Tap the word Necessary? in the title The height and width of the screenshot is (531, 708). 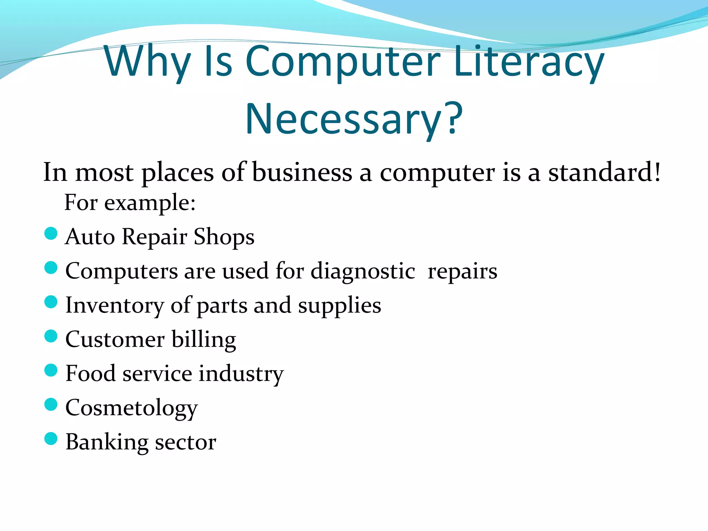point(354,119)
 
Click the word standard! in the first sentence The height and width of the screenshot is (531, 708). point(604,172)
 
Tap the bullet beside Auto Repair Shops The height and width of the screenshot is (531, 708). point(51,233)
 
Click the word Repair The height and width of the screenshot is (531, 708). point(154,237)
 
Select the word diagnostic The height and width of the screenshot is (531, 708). point(363,271)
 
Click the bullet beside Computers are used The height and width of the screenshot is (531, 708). point(51,268)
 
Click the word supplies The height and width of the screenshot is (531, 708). point(339,306)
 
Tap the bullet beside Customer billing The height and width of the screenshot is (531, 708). point(51,336)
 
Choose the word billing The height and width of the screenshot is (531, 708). point(204,339)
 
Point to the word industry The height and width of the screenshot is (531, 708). point(241,374)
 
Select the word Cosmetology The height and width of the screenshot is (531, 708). point(131,408)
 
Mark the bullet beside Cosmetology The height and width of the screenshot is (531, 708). point(51,404)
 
